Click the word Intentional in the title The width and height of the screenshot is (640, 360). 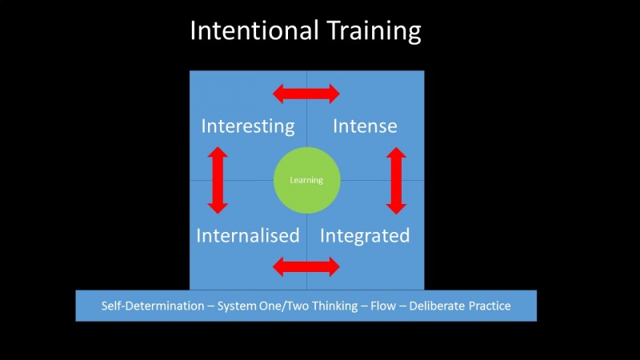click(x=253, y=31)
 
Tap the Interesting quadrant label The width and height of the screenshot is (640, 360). click(x=248, y=126)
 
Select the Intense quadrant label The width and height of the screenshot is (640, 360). click(x=365, y=126)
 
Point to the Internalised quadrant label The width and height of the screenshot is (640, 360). click(x=248, y=236)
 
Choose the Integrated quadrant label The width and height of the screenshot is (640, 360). click(x=365, y=236)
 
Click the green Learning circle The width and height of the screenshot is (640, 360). click(x=306, y=180)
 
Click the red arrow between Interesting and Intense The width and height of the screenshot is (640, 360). click(x=306, y=94)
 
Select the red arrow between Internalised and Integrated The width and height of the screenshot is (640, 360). click(x=306, y=267)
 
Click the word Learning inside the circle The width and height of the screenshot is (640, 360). click(x=306, y=181)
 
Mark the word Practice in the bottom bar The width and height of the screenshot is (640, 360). click(x=489, y=306)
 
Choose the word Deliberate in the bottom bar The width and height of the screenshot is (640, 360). click(x=437, y=306)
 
